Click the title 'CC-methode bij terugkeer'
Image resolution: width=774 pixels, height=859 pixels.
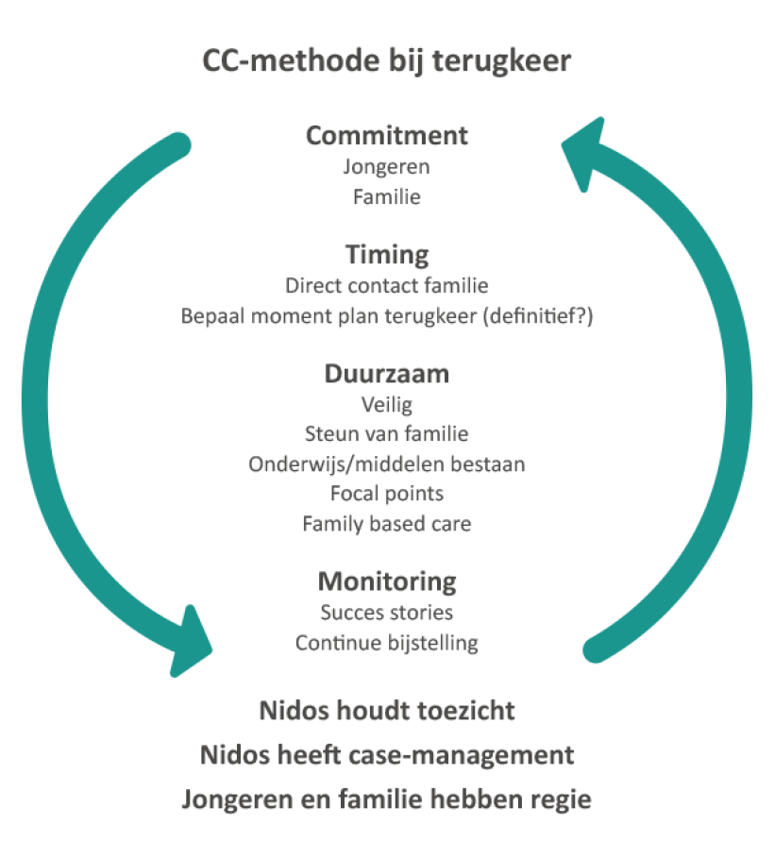coord(387,61)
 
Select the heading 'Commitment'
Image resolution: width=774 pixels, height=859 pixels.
coord(387,135)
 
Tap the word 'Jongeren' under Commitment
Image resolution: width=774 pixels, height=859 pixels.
coord(387,167)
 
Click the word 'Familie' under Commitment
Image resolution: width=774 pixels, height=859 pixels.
coord(387,197)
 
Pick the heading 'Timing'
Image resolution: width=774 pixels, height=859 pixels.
coord(387,254)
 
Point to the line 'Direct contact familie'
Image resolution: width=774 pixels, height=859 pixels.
coord(387,285)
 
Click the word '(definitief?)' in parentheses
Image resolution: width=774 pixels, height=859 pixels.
coord(537,316)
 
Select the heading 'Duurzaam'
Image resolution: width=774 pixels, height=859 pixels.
coord(387,374)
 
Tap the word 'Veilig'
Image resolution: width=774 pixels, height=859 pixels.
coord(387,405)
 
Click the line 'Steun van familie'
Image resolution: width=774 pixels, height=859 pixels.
coord(387,434)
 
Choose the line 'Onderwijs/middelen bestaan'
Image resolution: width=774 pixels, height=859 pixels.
coord(387,463)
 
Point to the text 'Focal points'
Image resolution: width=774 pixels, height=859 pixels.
coord(387,493)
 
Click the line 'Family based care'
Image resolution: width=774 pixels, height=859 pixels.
coord(387,523)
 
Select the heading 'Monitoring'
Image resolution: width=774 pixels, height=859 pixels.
coord(387,581)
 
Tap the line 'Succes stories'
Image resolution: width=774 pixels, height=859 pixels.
coord(387,613)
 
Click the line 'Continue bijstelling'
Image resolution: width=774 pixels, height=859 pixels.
coord(387,643)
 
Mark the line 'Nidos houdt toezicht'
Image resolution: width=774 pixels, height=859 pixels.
coord(387,710)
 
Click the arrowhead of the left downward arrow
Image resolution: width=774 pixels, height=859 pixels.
coord(190,643)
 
